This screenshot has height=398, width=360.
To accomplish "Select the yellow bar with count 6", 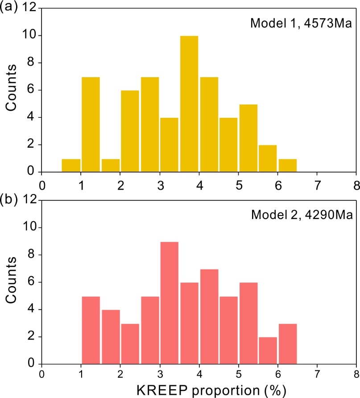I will pos(130,131).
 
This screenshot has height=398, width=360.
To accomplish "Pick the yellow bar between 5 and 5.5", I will pos(248,138).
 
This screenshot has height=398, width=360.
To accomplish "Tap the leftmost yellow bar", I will pos(71,166).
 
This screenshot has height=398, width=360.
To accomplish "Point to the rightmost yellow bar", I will pos(287,166).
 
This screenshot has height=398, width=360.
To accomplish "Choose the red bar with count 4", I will pos(110,336).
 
